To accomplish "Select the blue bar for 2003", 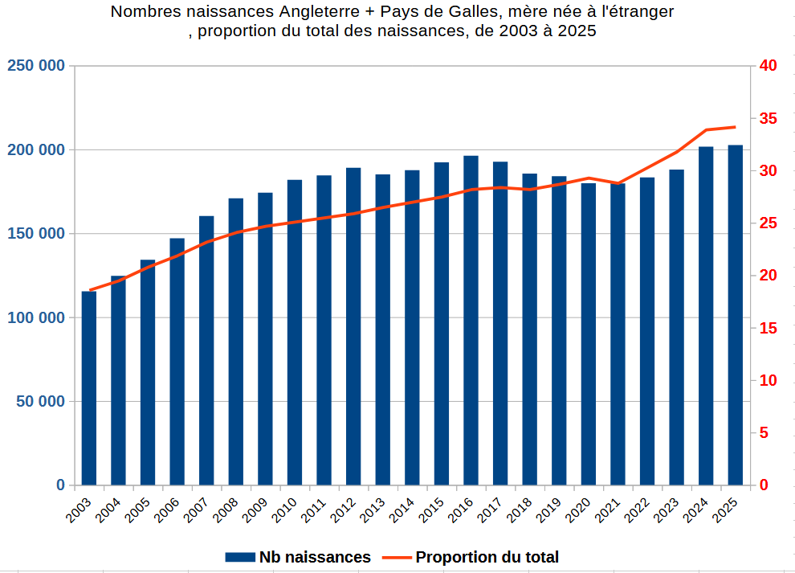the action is coord(88,388).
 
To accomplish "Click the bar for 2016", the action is coord(471,320).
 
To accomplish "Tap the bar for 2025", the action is coord(735,315).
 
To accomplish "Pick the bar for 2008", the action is coord(236,342).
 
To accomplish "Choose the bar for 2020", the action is coord(588,334).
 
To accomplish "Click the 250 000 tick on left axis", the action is coord(36,65).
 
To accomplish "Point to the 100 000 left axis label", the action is coord(36,317).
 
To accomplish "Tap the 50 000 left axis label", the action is coord(41,402).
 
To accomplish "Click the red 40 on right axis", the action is coord(768,65).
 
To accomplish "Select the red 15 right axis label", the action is coord(768,329).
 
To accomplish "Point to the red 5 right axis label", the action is coord(764,433).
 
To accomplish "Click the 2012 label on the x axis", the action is coord(343,510).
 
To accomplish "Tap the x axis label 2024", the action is coord(695,510).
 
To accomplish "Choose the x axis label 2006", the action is coord(167,510).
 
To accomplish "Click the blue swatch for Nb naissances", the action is coord(240,557).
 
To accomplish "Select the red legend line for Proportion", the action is coord(397,557).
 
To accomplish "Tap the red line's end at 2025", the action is coord(735,127).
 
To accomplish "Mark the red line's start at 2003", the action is coord(90,290).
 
